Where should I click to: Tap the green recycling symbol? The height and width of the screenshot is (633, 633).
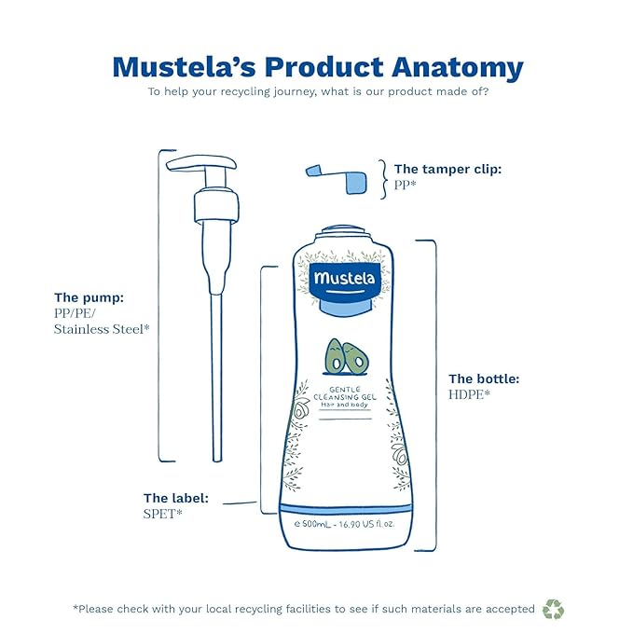coord(553,609)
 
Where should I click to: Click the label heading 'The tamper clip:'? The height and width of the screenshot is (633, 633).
coord(447,169)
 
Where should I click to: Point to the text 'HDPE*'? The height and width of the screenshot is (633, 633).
coord(470,395)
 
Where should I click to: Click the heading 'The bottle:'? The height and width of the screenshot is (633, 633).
coord(484,378)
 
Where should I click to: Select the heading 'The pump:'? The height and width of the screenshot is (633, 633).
coord(89,297)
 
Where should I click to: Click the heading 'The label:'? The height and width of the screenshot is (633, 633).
coord(175,498)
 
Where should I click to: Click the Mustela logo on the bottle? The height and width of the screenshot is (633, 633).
coord(344,278)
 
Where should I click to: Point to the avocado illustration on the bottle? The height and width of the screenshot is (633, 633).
coord(344,357)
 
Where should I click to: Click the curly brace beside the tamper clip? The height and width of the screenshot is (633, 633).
coord(382,177)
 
